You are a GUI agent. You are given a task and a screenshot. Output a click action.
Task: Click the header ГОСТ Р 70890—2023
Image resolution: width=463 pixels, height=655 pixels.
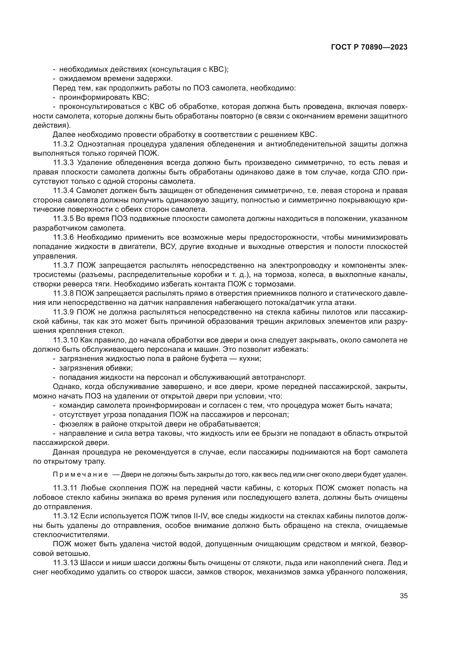point(369,47)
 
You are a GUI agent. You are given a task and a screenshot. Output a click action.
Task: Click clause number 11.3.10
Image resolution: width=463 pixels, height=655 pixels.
point(65,340)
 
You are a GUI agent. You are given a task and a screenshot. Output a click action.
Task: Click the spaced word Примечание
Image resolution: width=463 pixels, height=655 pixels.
point(80,474)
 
